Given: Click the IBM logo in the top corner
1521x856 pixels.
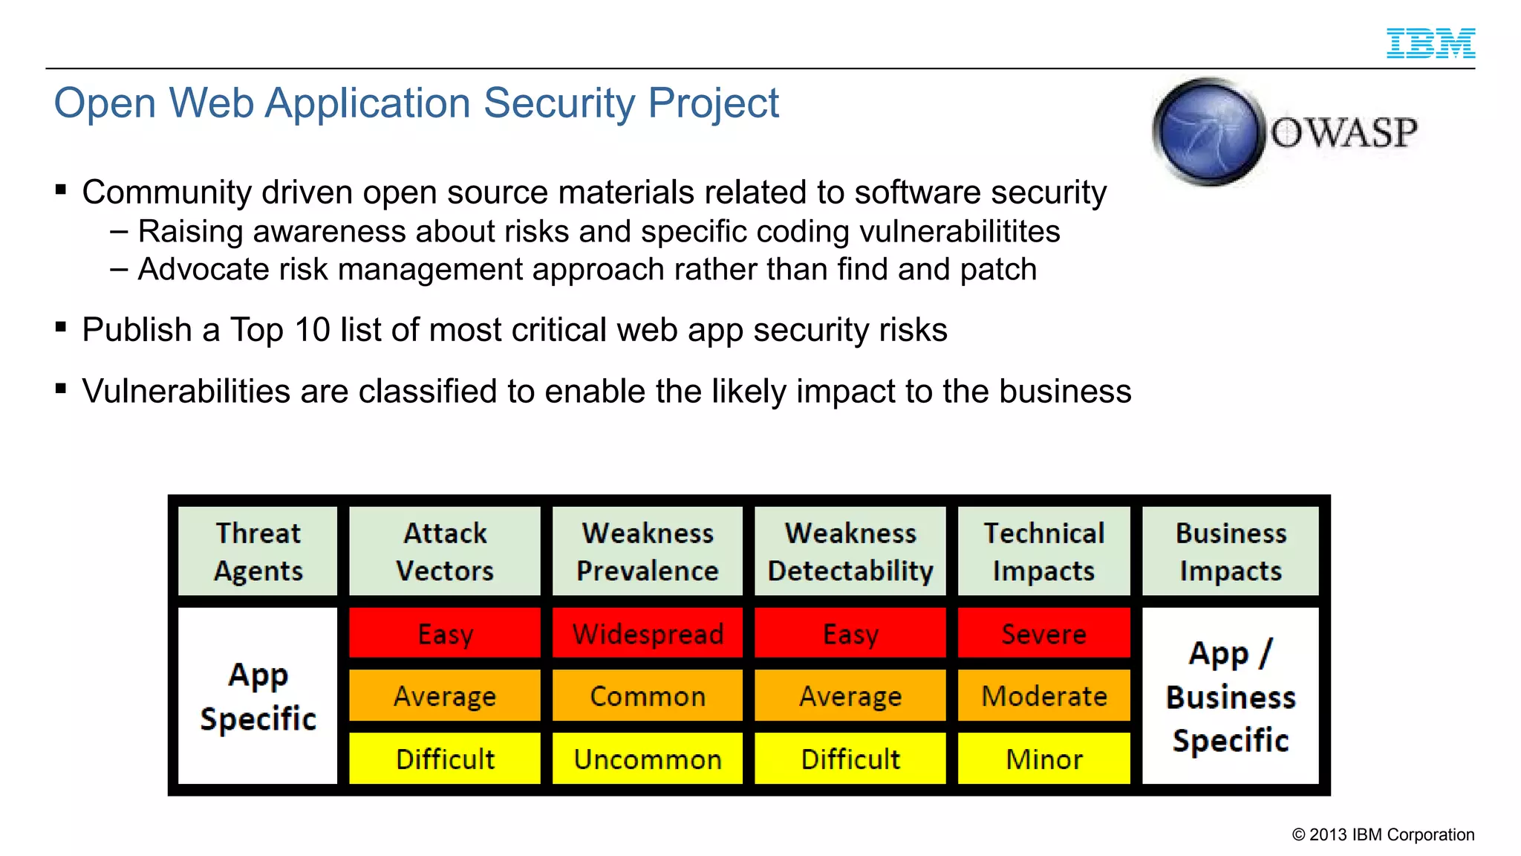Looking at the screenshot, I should tap(1430, 43).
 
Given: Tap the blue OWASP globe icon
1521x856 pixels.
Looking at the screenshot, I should tap(1208, 132).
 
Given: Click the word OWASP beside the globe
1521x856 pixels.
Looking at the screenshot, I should tap(1344, 133).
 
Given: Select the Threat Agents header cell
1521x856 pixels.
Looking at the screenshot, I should tap(258, 551).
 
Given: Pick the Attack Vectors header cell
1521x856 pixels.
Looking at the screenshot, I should tap(445, 551).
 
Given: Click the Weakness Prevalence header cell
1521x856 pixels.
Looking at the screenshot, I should tap(648, 551).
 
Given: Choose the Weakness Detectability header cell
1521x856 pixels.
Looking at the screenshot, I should tap(850, 551).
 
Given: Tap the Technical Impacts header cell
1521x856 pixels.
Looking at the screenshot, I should tap(1043, 551).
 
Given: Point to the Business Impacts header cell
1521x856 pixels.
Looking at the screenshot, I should tap(1231, 551).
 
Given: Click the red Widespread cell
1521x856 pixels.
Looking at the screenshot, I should tap(648, 634).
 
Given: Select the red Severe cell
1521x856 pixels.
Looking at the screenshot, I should tap(1043, 634).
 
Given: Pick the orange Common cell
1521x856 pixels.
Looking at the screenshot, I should tap(648, 696).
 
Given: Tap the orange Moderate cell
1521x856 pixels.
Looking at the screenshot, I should tap(1043, 696).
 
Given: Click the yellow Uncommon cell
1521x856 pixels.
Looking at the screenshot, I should tap(648, 759).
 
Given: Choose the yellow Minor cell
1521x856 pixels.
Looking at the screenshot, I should tap(1043, 759).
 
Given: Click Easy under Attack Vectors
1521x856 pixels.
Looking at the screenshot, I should tap(445, 634).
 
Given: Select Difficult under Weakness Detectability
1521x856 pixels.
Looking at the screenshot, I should tap(850, 759).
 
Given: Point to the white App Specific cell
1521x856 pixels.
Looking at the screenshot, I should tap(258, 696).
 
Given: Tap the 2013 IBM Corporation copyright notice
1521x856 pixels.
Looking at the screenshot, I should tap(1383, 834).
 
